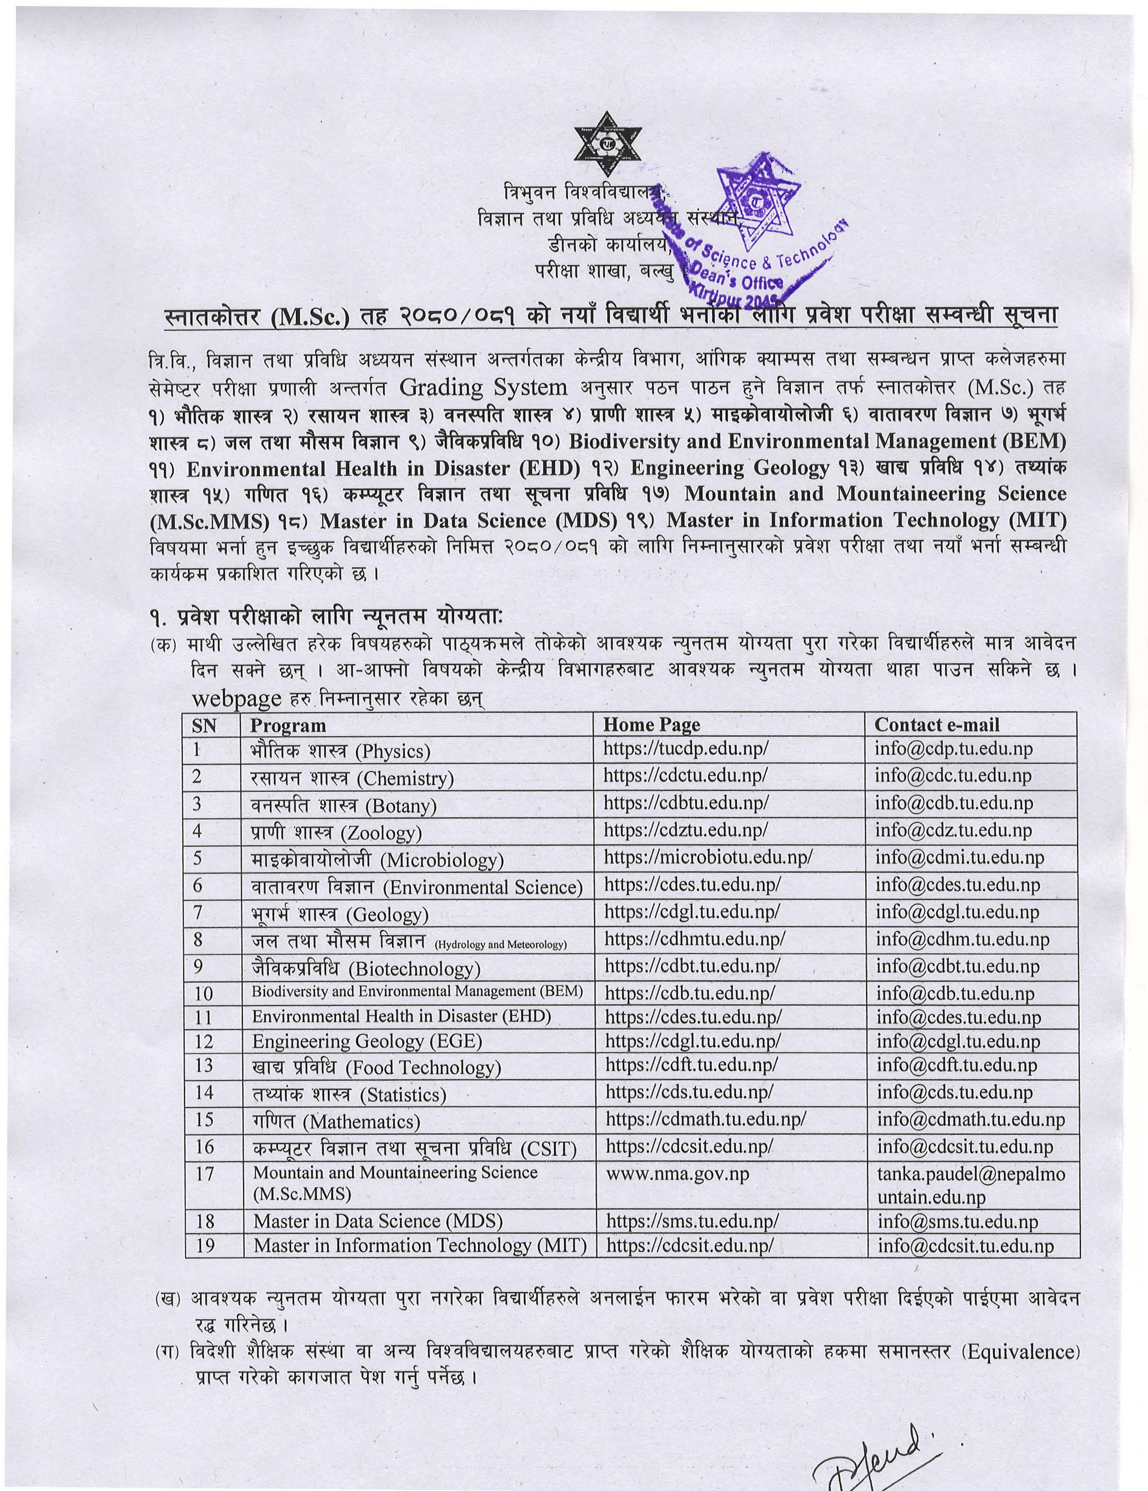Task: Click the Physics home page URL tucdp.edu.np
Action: click(x=685, y=749)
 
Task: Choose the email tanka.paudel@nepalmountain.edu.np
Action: click(x=971, y=1184)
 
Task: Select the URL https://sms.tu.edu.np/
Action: click(x=692, y=1221)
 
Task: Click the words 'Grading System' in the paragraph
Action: click(x=483, y=388)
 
